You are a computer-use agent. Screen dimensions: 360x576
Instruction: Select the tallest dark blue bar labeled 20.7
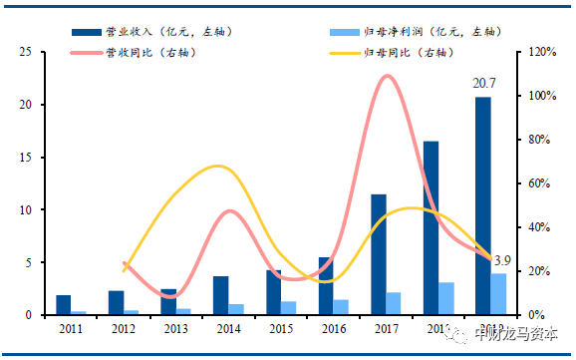(483, 205)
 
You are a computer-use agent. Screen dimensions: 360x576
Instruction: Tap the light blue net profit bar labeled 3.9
(499, 294)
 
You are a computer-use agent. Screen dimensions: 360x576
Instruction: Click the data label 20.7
(484, 87)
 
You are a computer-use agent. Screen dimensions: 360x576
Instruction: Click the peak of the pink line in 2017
(389, 77)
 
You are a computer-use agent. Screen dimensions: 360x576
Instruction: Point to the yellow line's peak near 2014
(219, 166)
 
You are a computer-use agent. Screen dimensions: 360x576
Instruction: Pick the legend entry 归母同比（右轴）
(408, 51)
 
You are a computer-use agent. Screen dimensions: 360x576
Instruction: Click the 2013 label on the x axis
(175, 327)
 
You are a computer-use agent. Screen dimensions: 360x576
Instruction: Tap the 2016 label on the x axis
(333, 327)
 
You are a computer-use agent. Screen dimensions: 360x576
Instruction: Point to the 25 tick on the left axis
(28, 52)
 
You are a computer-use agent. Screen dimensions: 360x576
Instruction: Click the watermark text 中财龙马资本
(517, 334)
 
